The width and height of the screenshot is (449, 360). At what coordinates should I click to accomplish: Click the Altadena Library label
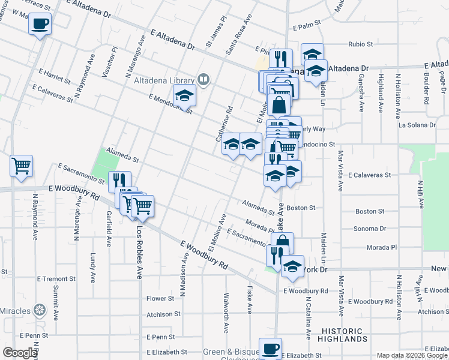(x=163, y=80)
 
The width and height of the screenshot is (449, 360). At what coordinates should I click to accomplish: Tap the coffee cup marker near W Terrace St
(x=40, y=25)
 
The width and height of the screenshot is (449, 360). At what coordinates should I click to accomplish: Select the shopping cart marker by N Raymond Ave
(x=21, y=166)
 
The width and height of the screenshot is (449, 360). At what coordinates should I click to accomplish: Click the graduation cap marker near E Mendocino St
(x=185, y=95)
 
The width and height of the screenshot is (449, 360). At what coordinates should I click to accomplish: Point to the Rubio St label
(x=361, y=44)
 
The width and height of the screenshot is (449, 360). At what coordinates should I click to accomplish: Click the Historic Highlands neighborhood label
(x=350, y=335)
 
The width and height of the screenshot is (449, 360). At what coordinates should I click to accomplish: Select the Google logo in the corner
(x=20, y=353)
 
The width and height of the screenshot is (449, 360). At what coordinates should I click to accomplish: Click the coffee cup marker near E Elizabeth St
(x=270, y=349)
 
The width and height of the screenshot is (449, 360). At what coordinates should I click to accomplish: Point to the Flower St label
(x=160, y=298)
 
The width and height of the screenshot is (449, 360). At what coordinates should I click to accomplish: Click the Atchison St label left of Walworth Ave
(x=163, y=314)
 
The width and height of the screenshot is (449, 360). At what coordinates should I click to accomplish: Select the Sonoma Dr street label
(x=369, y=229)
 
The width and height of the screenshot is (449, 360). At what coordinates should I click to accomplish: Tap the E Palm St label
(x=307, y=27)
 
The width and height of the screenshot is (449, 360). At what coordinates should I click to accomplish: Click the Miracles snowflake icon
(x=40, y=310)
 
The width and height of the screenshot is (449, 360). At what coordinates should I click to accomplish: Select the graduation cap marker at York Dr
(x=292, y=267)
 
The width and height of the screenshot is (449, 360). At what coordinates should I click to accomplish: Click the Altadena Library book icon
(x=203, y=79)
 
